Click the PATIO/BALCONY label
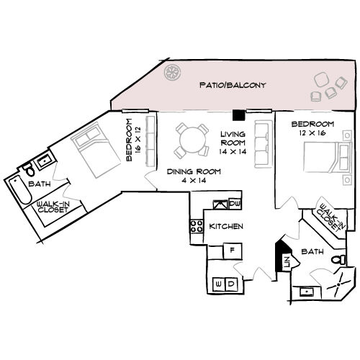[x=233, y=86]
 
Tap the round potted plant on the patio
[x=174, y=73]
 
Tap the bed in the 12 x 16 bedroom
[x=323, y=155]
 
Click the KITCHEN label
[x=226, y=227]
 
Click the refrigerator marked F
[x=232, y=250]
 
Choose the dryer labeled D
[x=231, y=284]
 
